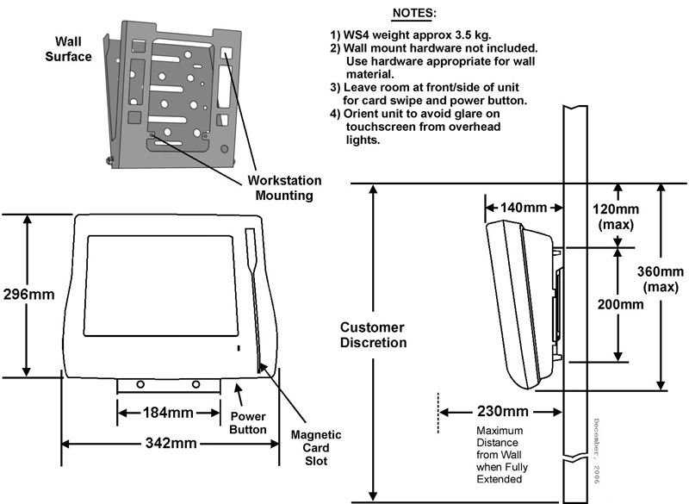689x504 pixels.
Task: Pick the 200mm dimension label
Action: (x=619, y=303)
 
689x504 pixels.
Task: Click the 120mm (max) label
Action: (x=617, y=216)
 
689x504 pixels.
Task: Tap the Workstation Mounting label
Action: (x=284, y=188)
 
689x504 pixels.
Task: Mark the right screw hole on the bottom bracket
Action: (x=196, y=384)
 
